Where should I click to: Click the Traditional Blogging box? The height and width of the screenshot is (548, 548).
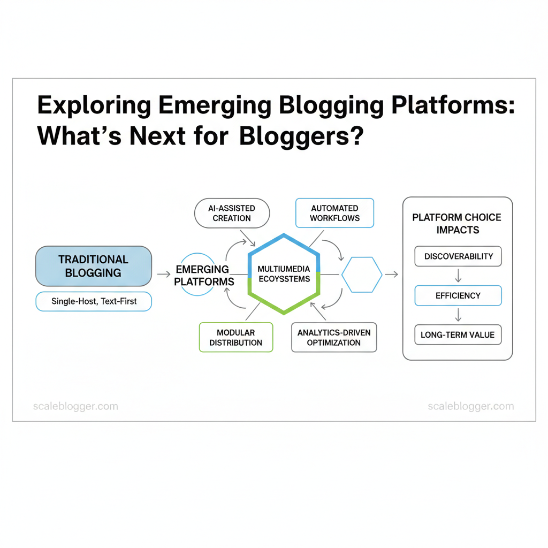(x=94, y=266)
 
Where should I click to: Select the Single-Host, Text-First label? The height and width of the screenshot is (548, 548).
(x=94, y=301)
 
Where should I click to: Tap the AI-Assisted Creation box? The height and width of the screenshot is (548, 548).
(x=232, y=213)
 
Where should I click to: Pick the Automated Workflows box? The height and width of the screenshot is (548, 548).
(x=334, y=213)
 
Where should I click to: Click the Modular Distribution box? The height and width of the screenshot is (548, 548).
(x=236, y=337)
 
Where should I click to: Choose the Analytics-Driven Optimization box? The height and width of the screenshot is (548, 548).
(x=334, y=337)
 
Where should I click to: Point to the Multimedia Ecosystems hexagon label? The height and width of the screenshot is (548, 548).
(x=284, y=273)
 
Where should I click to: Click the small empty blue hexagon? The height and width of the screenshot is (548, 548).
(x=362, y=275)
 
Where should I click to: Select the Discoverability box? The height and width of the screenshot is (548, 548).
(x=458, y=256)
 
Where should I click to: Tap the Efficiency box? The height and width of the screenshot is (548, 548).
(x=458, y=295)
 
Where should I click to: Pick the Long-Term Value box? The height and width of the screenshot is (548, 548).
(x=458, y=335)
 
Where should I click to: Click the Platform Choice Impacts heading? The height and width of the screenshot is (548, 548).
(x=456, y=224)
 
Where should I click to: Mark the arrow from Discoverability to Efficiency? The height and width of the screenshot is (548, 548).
(x=458, y=276)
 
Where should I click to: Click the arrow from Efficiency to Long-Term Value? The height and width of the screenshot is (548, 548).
(x=458, y=315)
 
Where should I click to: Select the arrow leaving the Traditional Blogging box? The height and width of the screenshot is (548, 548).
(x=164, y=275)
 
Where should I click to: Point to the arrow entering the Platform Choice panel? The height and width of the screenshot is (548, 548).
(x=392, y=275)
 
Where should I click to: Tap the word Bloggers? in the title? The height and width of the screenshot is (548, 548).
(x=301, y=136)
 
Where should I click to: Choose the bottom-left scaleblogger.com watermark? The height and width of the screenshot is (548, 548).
(x=75, y=406)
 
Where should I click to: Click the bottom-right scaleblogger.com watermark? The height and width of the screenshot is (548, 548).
(x=471, y=406)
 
